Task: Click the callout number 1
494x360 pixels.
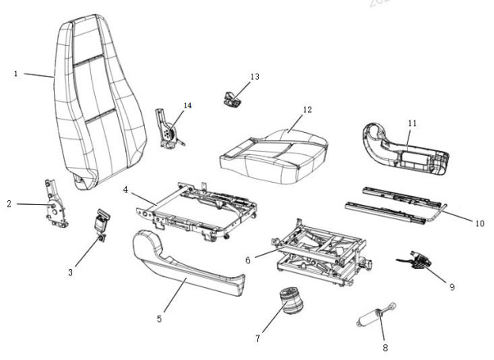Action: [16, 74]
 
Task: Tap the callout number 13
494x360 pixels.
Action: [254, 77]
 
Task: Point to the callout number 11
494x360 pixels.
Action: [412, 123]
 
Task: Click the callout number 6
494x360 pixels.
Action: [248, 259]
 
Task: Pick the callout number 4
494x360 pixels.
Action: [125, 190]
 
